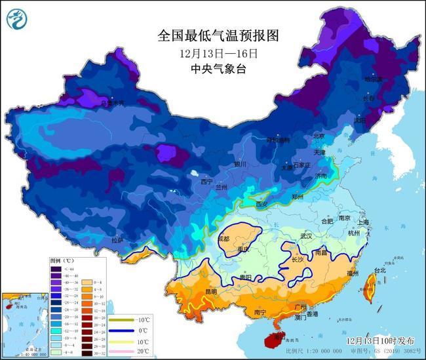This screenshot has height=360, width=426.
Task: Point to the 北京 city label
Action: point(319,136)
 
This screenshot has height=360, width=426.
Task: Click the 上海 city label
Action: point(362,222)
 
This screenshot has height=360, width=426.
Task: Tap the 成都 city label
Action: point(225,239)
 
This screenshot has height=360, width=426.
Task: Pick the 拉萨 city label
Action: point(117,241)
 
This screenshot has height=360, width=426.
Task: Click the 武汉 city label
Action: point(306,235)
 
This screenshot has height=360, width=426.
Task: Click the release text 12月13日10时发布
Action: point(381,342)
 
